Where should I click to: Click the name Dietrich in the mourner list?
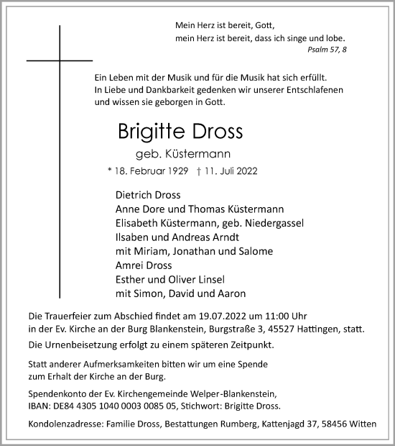coord(133,195)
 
